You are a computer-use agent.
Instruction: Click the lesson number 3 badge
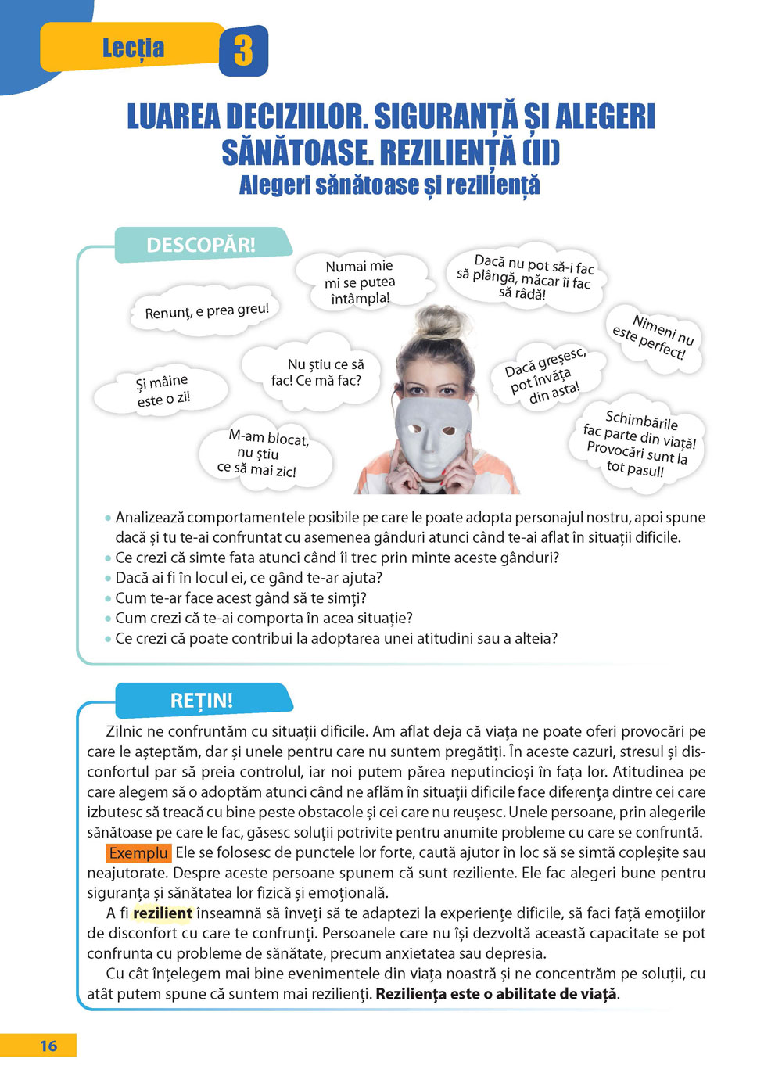click(243, 51)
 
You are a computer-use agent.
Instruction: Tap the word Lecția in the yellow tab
click(133, 48)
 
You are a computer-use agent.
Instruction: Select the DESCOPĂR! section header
click(201, 245)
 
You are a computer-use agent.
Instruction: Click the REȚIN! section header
click(202, 700)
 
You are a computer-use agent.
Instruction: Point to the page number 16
click(48, 1046)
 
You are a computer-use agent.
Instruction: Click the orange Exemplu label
click(138, 852)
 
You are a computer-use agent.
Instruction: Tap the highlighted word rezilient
click(163, 913)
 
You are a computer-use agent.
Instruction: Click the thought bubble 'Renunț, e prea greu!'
click(206, 311)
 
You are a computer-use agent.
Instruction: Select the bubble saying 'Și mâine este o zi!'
click(163, 390)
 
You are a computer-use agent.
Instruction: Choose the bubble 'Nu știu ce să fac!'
click(317, 372)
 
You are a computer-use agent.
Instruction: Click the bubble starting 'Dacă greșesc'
click(545, 376)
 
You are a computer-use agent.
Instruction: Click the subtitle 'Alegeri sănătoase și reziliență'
click(389, 185)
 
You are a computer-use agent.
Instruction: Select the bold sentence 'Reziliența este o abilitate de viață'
click(497, 994)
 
